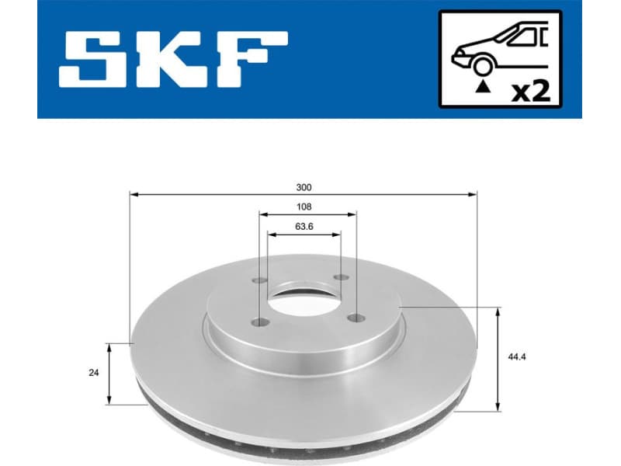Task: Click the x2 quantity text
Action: coord(532,92)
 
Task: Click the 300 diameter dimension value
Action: coord(304,187)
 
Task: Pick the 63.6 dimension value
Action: coord(304,227)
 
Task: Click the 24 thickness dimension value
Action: coord(94,373)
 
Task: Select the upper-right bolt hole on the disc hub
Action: coord(340,278)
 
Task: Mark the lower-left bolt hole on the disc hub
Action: coord(260,322)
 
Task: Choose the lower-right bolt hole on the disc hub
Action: coord(356,316)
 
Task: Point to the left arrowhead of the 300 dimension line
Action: coord(133,194)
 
